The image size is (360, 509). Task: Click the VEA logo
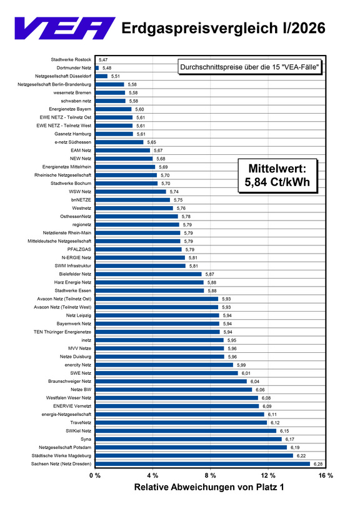(65, 28)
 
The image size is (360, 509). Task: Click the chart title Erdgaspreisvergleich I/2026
(223, 28)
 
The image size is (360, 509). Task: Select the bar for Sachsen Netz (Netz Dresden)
(202, 464)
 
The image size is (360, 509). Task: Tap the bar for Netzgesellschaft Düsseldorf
(101, 76)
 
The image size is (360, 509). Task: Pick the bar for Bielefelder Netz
(149, 274)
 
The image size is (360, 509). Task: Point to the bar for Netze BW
(174, 390)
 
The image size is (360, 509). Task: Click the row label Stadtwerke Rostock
(71, 59)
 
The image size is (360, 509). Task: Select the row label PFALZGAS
(79, 249)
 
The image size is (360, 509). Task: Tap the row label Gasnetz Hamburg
(72, 134)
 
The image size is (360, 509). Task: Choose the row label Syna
(86, 439)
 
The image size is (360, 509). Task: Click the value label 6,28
(318, 464)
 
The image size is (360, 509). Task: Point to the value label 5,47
(103, 60)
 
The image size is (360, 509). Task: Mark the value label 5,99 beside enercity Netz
(241, 365)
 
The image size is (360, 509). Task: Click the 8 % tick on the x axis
(210, 475)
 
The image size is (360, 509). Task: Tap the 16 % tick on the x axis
(326, 475)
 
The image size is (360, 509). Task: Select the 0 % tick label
(95, 475)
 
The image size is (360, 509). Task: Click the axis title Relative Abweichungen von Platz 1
(209, 487)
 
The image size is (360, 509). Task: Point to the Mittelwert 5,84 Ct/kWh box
(277, 175)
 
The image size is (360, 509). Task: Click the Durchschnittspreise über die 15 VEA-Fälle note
(249, 67)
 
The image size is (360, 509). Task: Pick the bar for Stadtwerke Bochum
(126, 184)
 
